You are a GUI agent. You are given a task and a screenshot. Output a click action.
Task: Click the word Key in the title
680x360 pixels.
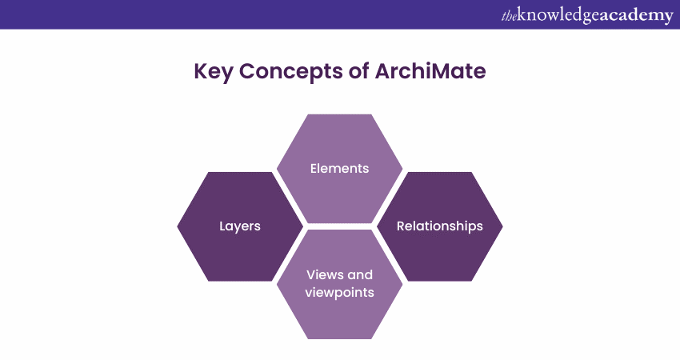(213, 72)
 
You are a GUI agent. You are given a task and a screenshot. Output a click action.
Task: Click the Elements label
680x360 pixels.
(340, 169)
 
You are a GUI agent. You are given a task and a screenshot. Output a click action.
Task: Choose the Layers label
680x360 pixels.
(240, 226)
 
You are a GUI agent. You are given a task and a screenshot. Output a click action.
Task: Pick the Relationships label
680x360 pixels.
(440, 226)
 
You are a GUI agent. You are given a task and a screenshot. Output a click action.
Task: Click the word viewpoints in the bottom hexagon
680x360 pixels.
(340, 293)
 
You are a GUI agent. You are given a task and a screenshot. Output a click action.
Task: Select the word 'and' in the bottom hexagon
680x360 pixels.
(360, 274)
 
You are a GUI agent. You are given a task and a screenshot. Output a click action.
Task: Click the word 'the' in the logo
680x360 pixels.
(509, 15)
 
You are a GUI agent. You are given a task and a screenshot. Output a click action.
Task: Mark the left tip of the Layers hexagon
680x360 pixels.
(178, 226)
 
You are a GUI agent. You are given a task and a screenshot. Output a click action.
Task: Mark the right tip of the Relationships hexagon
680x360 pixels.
(502, 226)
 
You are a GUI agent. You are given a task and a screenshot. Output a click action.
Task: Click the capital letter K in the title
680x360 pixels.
(200, 72)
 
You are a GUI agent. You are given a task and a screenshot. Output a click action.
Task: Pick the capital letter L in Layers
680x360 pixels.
(222, 226)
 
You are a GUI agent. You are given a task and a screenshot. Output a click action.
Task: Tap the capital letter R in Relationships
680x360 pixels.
(401, 226)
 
